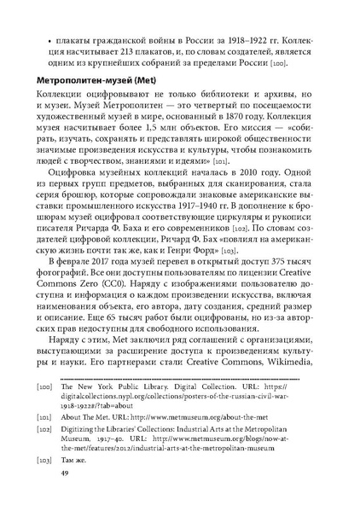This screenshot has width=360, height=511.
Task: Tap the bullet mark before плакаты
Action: (54, 38)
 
